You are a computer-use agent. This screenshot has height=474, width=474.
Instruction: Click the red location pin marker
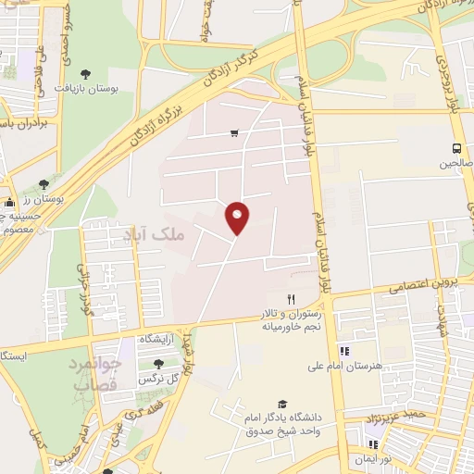pyautogui.click(x=239, y=217)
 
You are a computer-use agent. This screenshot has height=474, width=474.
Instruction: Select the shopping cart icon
pyautogui.click(x=234, y=133)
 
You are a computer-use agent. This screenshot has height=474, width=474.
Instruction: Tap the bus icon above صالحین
pyautogui.click(x=456, y=147)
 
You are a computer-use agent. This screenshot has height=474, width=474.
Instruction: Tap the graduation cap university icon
pyautogui.click(x=282, y=405)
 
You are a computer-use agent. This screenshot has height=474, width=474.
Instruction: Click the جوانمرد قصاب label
pyautogui.click(x=94, y=373)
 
